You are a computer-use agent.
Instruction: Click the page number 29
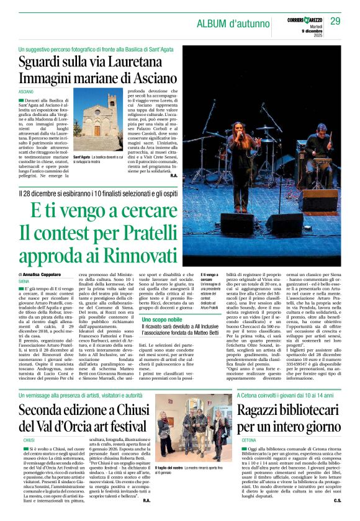(x=335, y=22)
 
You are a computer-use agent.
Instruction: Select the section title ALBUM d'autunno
(x=235, y=24)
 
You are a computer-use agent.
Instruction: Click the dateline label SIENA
(x=24, y=281)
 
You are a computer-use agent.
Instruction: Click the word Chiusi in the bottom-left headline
(x=133, y=411)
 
